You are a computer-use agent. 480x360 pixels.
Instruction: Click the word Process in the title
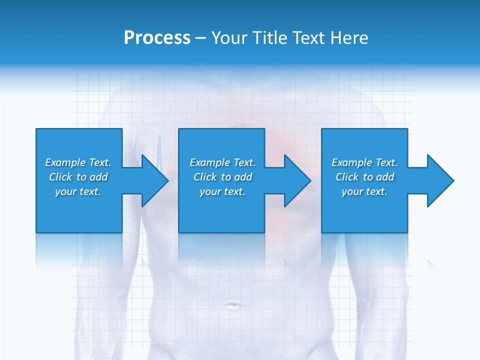click(157, 38)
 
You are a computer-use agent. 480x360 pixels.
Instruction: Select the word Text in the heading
click(309, 38)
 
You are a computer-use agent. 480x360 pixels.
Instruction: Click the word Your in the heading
click(229, 38)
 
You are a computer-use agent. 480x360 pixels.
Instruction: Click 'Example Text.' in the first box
click(78, 162)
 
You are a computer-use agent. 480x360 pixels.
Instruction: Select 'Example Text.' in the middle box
click(222, 162)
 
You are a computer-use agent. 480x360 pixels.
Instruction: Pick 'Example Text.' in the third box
click(364, 162)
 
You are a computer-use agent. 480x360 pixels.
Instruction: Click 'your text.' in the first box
click(78, 191)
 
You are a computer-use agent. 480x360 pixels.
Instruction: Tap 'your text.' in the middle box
click(222, 191)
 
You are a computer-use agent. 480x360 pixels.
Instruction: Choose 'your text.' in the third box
click(364, 191)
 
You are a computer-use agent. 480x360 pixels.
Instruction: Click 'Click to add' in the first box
click(78, 177)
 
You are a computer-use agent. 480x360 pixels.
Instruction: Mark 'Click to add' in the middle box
click(222, 177)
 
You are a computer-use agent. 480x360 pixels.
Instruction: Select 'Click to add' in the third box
click(364, 177)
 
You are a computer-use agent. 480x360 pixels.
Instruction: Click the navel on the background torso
click(232, 305)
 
